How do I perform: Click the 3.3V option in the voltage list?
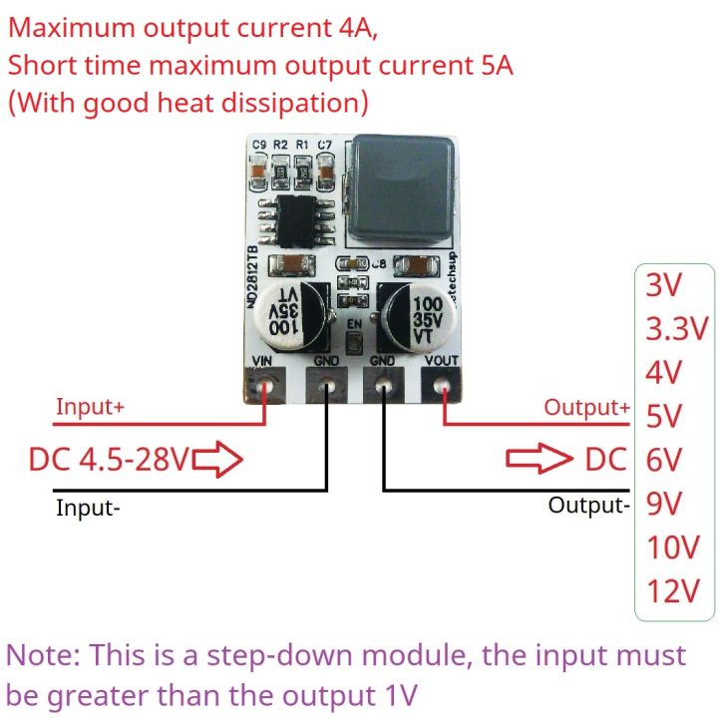pyautogui.click(x=675, y=328)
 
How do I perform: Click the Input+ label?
pyautogui.click(x=91, y=407)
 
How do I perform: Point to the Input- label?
pyautogui.click(x=89, y=508)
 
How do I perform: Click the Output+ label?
pyautogui.click(x=586, y=407)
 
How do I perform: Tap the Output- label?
pyautogui.click(x=589, y=505)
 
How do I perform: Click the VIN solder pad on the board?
pyautogui.click(x=265, y=385)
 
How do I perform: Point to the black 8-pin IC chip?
pyautogui.click(x=293, y=220)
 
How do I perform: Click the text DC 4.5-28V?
pyautogui.click(x=108, y=460)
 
